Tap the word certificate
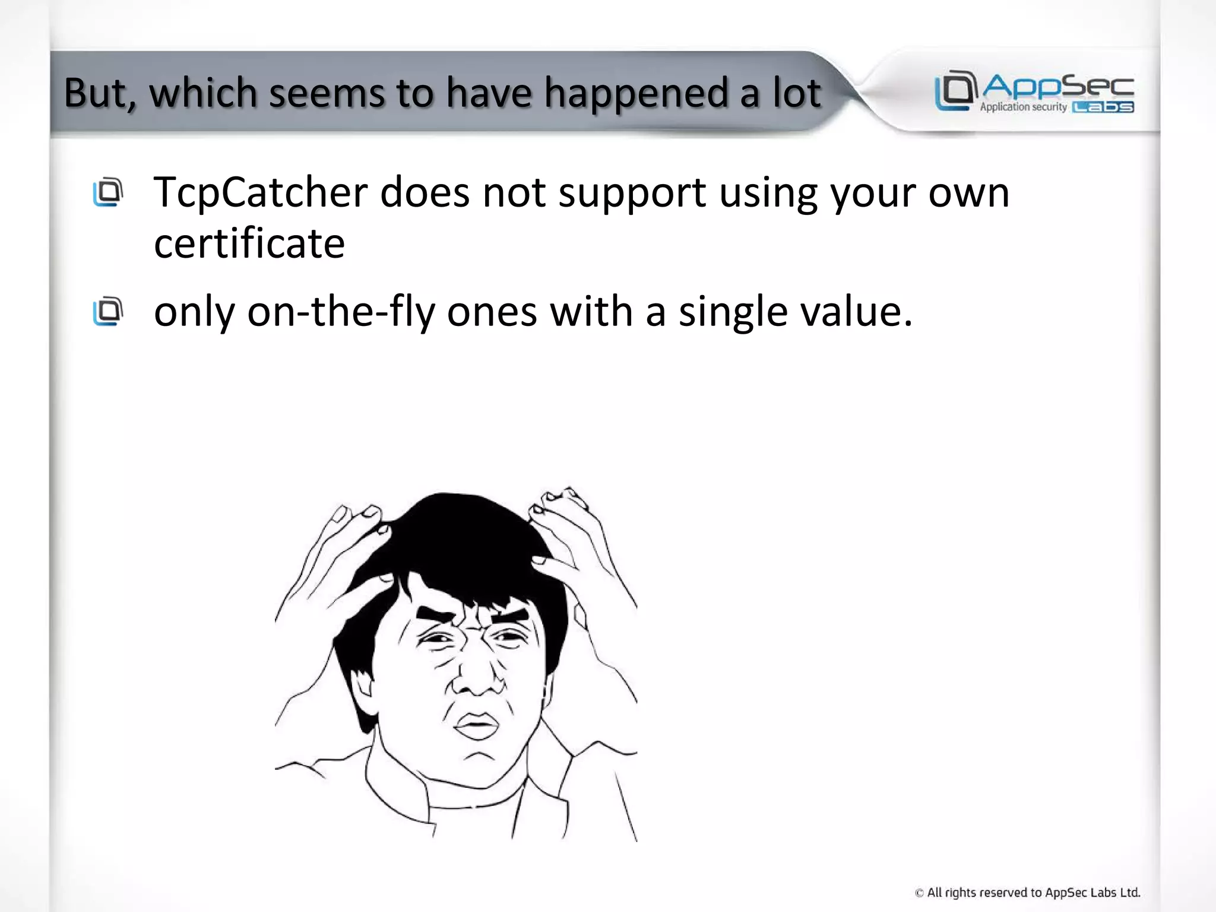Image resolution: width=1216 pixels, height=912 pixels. tap(249, 243)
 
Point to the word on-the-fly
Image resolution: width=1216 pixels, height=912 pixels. tap(341, 312)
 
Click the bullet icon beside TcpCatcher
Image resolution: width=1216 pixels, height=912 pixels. tap(107, 192)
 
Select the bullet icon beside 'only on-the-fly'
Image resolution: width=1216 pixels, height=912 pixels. tap(107, 311)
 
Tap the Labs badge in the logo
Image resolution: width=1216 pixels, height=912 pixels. tap(1103, 107)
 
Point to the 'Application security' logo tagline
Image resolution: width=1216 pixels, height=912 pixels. tap(1023, 107)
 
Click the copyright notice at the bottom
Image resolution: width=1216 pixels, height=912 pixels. tap(1027, 892)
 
